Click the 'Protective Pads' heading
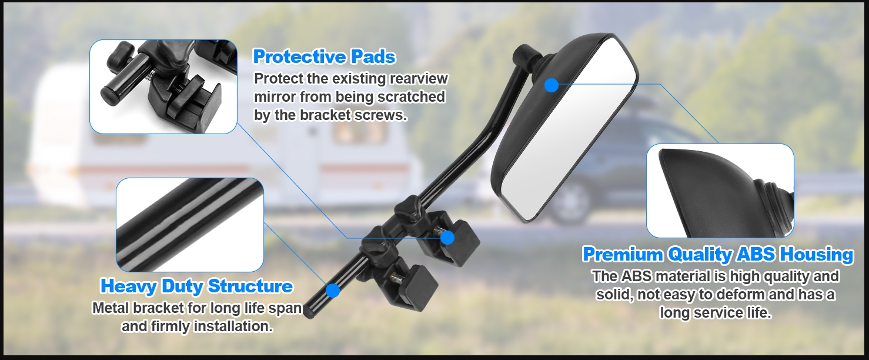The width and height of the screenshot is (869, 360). coord(325,56)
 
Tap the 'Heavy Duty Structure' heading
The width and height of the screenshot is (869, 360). coord(197,286)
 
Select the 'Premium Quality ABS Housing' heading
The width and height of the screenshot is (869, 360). coord(718,255)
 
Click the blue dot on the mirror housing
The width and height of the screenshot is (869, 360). coord(552,85)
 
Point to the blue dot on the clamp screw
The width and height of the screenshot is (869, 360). coord(447,238)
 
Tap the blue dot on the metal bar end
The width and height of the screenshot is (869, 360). coord(332,290)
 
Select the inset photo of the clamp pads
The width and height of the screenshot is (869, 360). coord(163,86)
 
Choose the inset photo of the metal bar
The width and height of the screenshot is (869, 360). coord(190,225)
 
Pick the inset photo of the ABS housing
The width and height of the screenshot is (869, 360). coord(720,191)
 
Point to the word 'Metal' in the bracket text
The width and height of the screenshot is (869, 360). coord(111,308)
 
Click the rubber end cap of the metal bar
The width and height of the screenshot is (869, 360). coord(309,311)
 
